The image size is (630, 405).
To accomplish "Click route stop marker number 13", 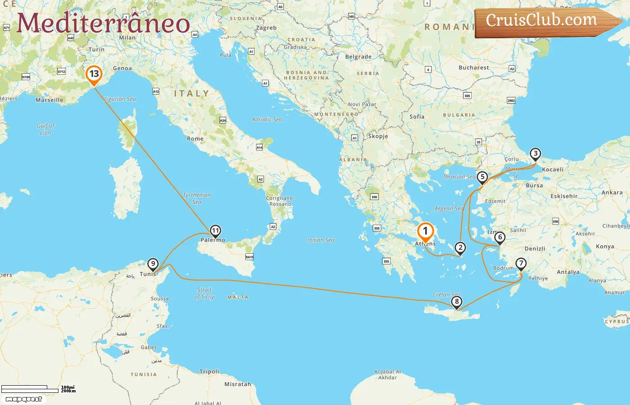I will click(94, 74).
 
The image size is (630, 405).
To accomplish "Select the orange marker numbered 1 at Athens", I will click(425, 232).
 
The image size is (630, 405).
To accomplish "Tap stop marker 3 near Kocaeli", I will click(535, 154).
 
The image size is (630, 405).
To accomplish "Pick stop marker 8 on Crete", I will click(457, 302).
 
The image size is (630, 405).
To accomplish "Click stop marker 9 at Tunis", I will click(153, 264).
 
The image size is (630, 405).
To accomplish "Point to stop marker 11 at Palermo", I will click(216, 231).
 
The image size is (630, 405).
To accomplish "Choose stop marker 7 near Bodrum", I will click(521, 264).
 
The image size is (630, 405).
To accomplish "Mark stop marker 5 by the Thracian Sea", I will click(482, 177).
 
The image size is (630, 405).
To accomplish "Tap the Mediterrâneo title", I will click(103, 23).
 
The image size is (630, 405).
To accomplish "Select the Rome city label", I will click(195, 139).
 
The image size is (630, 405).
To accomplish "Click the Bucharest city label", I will click(473, 67).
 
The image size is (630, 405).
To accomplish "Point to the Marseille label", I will click(49, 100).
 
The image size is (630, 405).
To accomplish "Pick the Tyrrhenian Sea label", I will click(197, 198).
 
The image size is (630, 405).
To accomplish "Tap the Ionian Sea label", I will click(321, 240).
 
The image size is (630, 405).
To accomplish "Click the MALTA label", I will click(238, 297).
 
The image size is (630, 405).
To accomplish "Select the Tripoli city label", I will click(209, 371).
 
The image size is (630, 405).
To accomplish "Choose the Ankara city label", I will click(612, 192).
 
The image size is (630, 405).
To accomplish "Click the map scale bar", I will click(30, 389).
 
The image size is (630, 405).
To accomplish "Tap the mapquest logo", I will click(24, 399).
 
